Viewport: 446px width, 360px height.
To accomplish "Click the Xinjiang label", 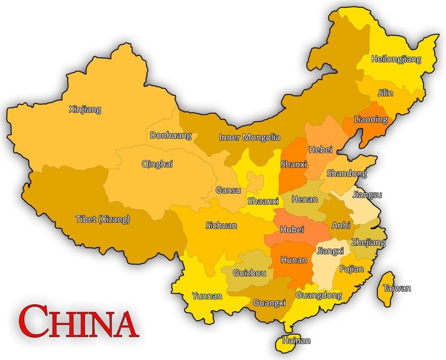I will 85,109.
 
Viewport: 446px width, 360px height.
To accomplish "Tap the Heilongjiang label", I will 396,59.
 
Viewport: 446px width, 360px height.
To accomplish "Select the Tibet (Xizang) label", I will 103,219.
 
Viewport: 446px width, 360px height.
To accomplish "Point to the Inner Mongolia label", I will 249,138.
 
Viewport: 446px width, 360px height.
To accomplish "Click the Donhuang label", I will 171,135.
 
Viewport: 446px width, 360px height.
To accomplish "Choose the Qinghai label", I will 157,164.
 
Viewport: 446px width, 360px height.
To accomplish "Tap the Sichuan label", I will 221,225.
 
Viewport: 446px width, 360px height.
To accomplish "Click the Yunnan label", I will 207,296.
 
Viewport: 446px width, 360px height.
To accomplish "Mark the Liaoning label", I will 371,119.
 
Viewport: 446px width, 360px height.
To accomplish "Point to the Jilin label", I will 385,93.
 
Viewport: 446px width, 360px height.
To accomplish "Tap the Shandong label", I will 347,174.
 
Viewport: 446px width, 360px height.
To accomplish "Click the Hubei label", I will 292,229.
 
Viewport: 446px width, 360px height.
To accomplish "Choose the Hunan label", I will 294,260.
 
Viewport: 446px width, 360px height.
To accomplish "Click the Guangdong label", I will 319,296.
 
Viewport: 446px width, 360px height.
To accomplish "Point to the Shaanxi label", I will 263,201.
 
